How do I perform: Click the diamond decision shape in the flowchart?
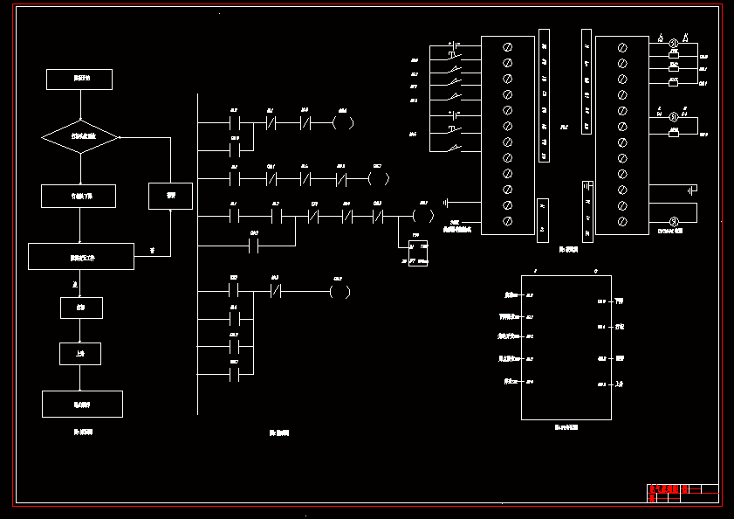point(80,137)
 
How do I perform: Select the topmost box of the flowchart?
point(79,79)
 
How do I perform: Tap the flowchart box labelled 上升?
point(80,353)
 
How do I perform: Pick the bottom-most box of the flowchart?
point(82,404)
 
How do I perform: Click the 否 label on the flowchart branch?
point(151,251)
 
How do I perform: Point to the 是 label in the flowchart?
point(75,285)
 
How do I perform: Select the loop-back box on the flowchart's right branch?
point(170,196)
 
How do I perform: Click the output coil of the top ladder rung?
point(344,122)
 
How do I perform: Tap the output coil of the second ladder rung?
point(379,179)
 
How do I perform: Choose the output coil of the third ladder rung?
point(422,214)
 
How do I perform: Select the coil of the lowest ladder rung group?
point(340,291)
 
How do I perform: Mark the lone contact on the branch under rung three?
point(254,246)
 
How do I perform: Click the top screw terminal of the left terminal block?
point(507,46)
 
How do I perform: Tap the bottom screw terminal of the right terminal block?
point(622,222)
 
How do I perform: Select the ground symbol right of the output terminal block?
point(691,190)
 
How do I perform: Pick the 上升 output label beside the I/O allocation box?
point(619,384)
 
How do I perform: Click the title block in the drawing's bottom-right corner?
point(683,493)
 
